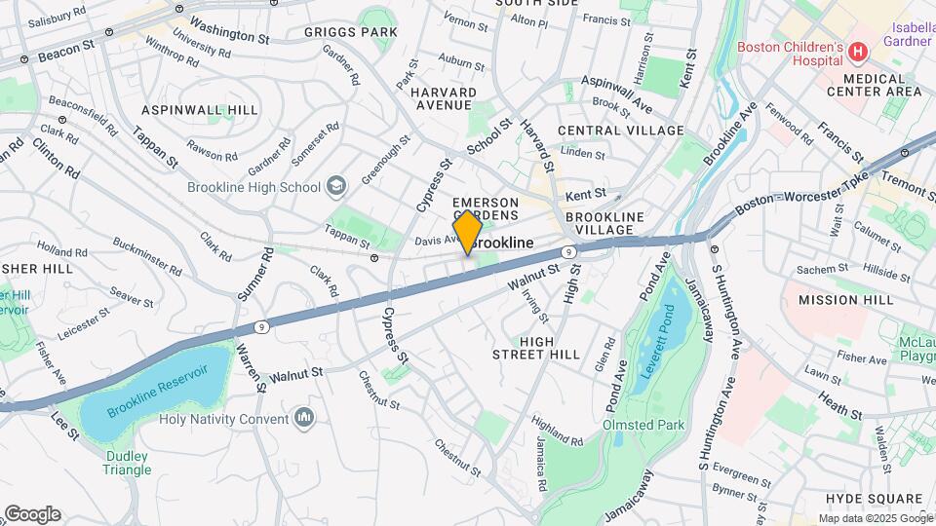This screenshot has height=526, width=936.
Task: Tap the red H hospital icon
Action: click(857, 51)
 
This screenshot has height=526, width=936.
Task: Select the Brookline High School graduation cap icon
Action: click(335, 186)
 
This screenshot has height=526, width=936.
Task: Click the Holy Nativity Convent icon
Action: click(304, 418)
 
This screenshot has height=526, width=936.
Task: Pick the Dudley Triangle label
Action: click(128, 463)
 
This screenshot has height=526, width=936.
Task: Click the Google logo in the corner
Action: click(32, 514)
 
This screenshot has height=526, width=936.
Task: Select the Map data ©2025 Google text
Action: click(874, 518)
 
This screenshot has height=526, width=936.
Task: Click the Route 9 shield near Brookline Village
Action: click(577, 250)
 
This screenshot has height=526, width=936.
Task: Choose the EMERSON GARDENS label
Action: click(485, 208)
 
